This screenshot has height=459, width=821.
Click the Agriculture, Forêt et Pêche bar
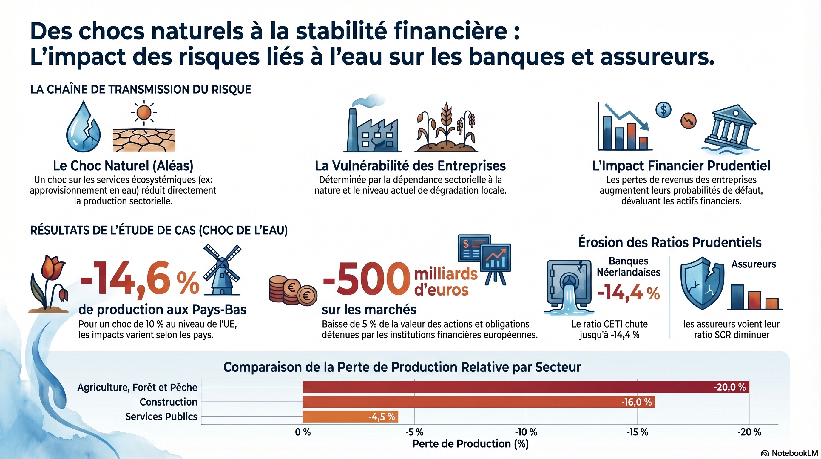click(526, 387)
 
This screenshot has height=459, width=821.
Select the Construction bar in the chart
click(478, 402)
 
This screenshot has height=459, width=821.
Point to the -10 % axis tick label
click(526, 432)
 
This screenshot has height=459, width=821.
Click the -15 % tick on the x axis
click(637, 432)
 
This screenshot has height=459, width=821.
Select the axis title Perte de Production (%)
click(470, 444)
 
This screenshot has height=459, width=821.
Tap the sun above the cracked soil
click(144, 112)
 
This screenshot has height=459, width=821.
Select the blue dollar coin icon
click(663, 110)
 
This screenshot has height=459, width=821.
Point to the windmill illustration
click(222, 270)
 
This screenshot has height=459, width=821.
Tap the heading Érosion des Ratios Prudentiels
click(670, 242)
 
